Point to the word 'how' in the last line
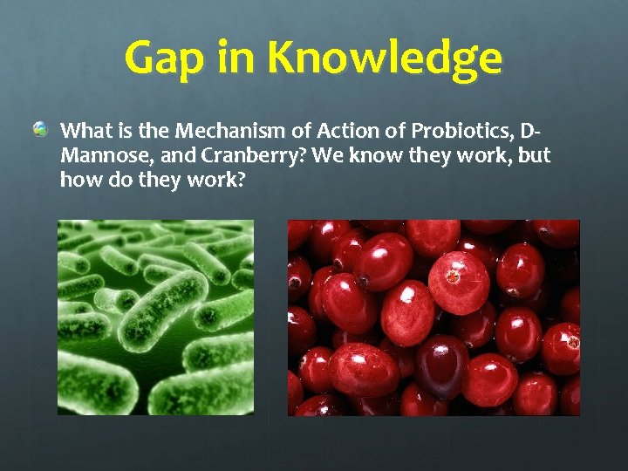coord(78,181)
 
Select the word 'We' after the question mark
coord(324,156)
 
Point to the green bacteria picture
coord(155,317)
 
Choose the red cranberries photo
coord(433,317)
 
